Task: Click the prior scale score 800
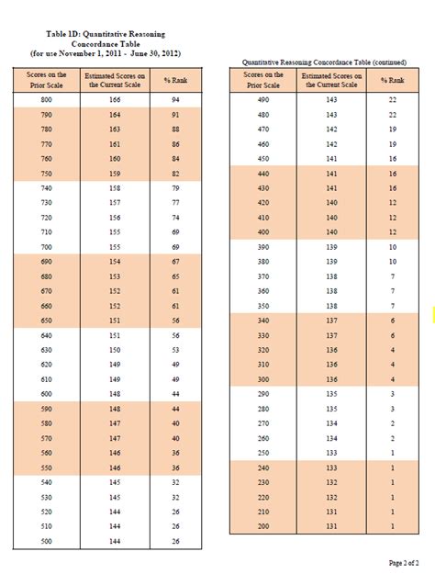[x=46, y=98]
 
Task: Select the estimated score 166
[x=115, y=98]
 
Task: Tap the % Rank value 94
[x=173, y=98]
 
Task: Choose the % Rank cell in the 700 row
[x=173, y=248]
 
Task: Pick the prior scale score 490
[x=263, y=98]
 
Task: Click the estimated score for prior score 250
[x=331, y=454]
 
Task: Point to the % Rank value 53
[x=173, y=350]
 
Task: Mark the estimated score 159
[x=115, y=173]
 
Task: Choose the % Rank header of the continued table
[x=392, y=79]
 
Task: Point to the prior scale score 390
[x=263, y=248]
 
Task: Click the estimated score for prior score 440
[x=331, y=173]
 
